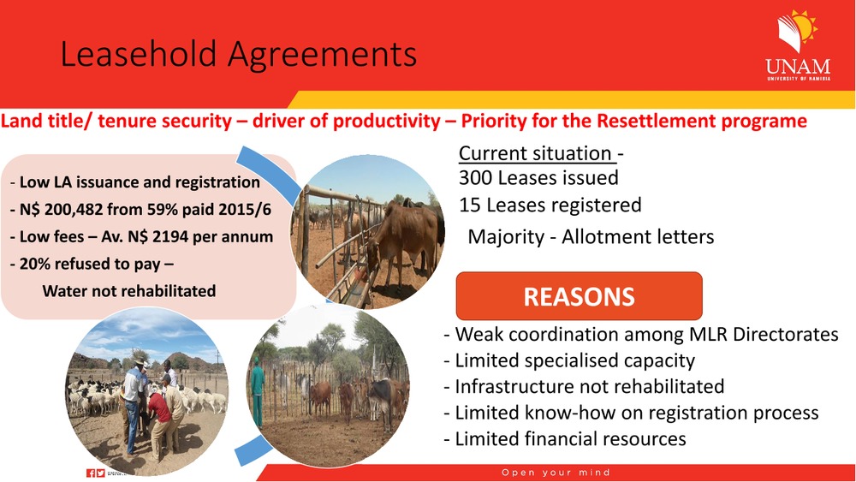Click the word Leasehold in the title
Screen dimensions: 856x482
(x=138, y=54)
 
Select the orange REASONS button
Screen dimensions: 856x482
(x=580, y=296)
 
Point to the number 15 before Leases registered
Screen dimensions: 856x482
(x=469, y=205)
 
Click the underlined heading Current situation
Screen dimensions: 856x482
(x=535, y=153)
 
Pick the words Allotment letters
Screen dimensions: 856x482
(x=638, y=237)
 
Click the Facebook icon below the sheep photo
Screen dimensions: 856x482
(x=91, y=473)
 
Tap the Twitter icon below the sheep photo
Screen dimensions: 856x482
(x=100, y=473)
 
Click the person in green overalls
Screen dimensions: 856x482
(x=257, y=391)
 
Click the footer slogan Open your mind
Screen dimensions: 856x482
(x=556, y=473)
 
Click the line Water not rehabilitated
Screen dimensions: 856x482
(x=129, y=291)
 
